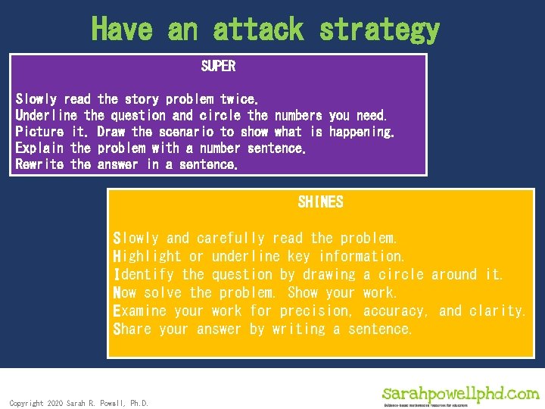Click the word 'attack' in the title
(257, 30)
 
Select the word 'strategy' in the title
(379, 30)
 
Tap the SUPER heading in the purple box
(218, 67)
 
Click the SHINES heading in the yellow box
(320, 202)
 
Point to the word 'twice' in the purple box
(238, 99)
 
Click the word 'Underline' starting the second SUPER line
(46, 116)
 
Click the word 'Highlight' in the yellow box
(147, 257)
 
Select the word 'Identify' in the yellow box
(143, 275)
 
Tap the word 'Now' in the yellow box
(124, 293)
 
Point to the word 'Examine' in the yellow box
(139, 311)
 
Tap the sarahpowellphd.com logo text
(461, 394)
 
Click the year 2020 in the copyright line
(54, 404)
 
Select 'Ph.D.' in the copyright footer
(137, 404)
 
